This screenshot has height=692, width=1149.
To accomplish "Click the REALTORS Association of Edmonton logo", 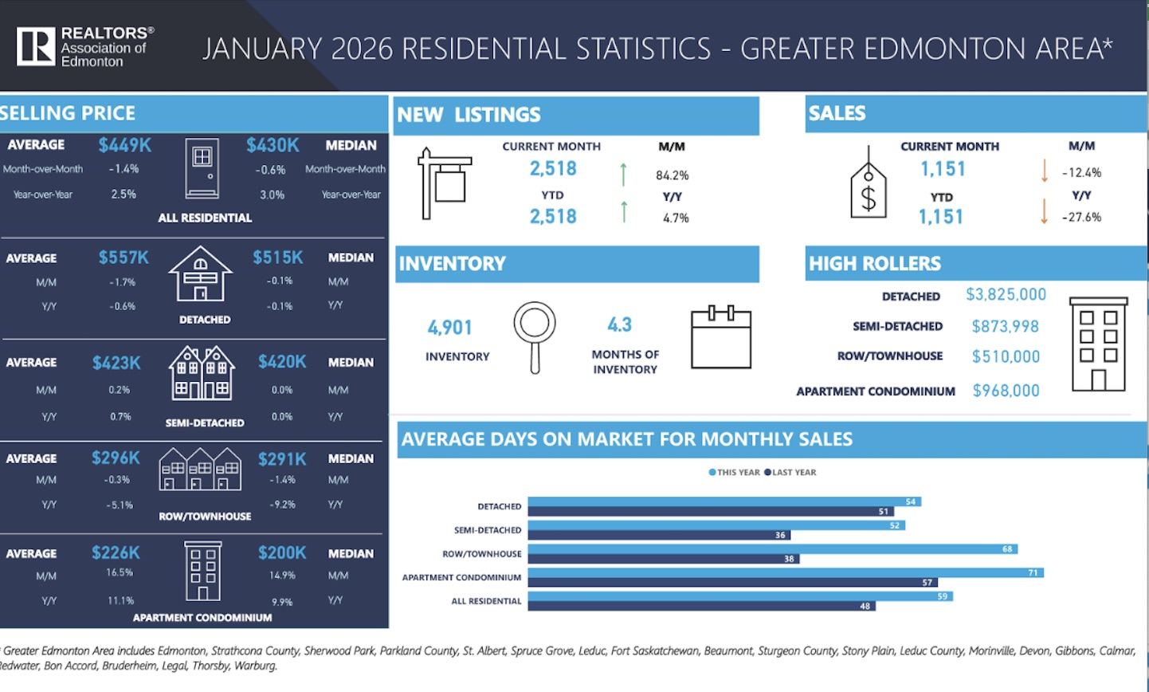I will pos(84,46).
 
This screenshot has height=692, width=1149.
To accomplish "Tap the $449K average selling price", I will pos(124,145).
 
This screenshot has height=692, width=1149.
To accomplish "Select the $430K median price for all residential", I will pos(273,145).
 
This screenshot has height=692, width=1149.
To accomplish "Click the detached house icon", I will pos(201,273).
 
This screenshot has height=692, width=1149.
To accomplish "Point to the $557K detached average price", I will pos(124,258).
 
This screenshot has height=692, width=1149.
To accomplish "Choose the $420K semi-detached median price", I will pos(282,362).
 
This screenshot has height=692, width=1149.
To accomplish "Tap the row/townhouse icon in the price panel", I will pos(200,469).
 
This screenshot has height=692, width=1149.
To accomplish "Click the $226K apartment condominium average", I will pos(116,552).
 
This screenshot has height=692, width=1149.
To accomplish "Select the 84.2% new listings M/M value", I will pos(673,175).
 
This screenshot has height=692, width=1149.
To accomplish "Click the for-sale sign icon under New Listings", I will pos(444,183).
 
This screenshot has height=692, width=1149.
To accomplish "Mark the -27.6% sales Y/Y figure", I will pos(1081,217).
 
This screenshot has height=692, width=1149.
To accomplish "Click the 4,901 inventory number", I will pos(450,328).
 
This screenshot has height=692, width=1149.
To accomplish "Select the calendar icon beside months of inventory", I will pos(721,338).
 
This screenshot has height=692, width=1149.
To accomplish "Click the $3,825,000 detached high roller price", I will pos(1006,294).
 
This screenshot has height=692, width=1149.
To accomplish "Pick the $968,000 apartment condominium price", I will pos(1006,391).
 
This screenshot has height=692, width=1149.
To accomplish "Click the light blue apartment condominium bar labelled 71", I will pos(785,572).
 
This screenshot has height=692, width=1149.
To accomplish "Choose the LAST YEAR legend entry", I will pos(790,472).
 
